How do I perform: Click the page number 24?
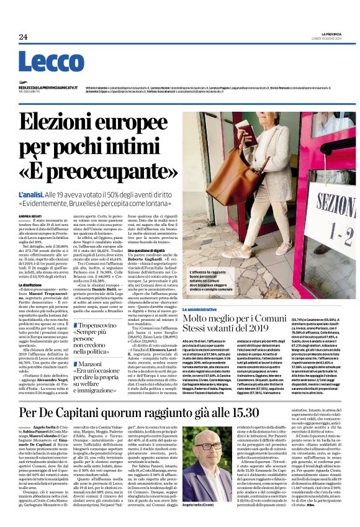[23, 37]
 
